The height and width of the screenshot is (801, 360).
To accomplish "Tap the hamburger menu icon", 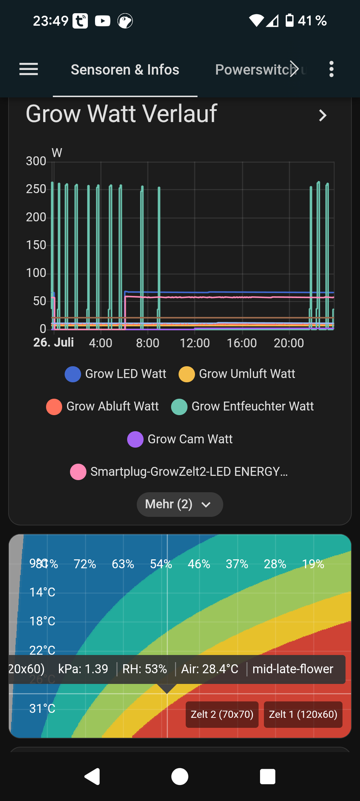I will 29,69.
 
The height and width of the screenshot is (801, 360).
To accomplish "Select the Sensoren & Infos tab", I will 125,70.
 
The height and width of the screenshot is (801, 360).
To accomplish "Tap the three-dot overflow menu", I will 331,69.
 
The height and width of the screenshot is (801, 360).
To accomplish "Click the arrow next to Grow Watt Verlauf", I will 322,115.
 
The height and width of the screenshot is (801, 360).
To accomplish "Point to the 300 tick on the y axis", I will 36,161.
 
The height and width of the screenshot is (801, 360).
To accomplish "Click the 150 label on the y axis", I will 36,245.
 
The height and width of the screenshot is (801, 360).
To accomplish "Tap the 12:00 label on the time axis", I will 195,343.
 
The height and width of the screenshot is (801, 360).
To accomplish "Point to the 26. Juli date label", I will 54,343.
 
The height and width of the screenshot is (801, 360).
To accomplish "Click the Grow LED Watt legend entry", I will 115,374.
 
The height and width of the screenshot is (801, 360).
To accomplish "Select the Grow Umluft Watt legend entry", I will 237,374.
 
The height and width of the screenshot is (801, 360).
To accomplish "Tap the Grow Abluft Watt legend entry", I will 102,407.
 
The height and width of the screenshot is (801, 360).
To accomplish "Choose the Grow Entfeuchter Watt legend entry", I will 242,407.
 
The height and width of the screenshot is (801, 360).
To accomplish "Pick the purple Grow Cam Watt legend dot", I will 135,439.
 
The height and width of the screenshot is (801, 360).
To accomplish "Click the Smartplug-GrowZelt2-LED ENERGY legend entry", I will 179,472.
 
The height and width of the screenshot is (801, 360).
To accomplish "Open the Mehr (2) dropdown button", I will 180,504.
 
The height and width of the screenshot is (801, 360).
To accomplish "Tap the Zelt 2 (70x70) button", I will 222,714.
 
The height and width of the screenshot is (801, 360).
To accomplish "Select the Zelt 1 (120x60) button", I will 303,714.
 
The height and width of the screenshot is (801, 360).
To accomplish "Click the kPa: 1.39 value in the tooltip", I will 83,669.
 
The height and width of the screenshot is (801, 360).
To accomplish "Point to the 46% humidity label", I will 199,564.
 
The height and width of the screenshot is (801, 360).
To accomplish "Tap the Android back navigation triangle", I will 92,776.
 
